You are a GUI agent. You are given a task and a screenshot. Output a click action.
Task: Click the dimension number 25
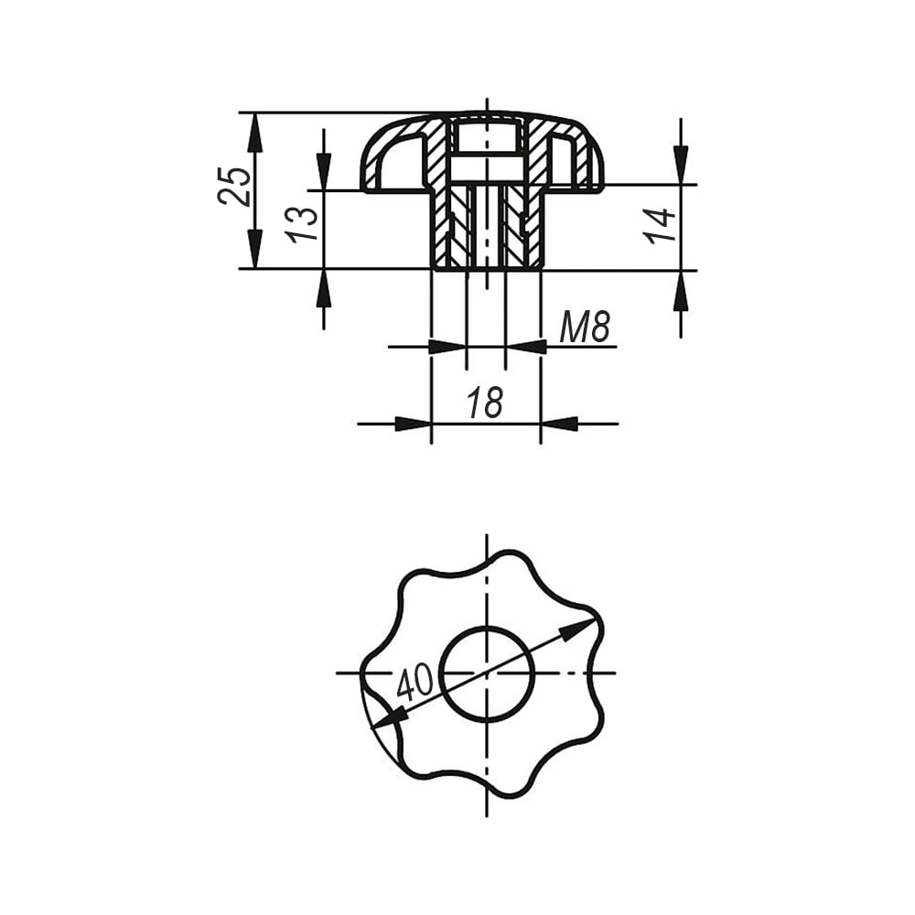[234, 186]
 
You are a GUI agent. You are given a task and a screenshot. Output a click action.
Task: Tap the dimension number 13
[302, 223]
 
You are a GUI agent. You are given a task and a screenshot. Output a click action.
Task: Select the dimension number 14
[660, 225]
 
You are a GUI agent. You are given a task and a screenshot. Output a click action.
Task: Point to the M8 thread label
[584, 327]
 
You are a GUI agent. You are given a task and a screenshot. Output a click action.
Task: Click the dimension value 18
[485, 402]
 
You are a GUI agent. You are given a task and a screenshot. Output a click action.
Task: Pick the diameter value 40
[414, 681]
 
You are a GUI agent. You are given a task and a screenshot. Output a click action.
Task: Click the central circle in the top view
[487, 674]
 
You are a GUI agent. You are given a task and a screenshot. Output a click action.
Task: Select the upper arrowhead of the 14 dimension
[681, 165]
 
